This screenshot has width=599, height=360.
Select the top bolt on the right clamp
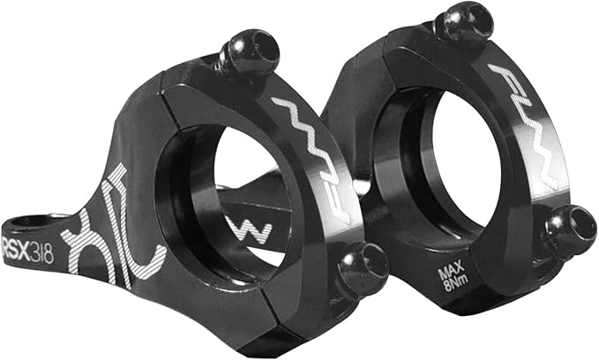(x=464, y=23)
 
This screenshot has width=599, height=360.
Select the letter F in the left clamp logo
(x=291, y=109)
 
